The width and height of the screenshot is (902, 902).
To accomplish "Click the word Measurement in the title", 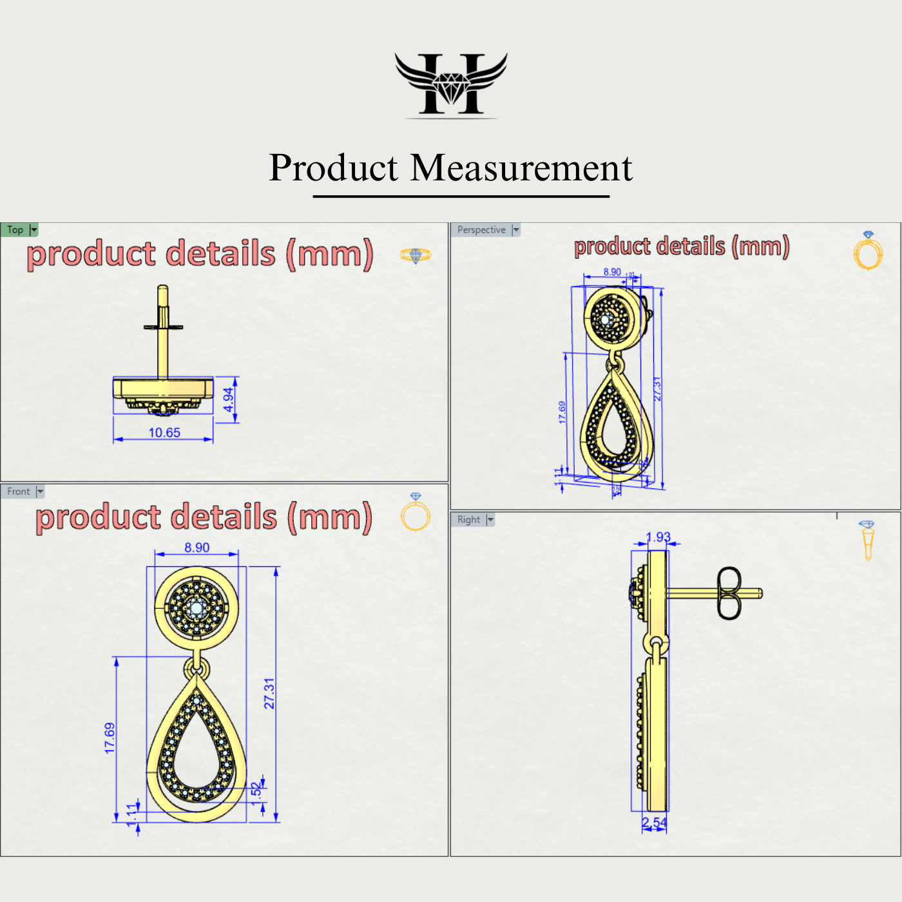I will (521, 168).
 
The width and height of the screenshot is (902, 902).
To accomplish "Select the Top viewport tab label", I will (15, 230).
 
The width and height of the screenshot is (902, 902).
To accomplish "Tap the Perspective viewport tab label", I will (481, 230).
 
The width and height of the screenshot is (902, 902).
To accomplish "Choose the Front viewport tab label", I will (19, 492).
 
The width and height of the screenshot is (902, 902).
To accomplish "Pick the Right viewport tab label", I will (468, 520).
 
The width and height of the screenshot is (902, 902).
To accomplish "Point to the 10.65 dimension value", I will (164, 433).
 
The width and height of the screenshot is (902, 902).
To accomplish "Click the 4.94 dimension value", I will (229, 400).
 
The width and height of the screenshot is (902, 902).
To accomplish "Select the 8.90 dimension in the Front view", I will (197, 548).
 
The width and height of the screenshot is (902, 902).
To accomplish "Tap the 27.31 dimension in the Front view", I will (269, 693).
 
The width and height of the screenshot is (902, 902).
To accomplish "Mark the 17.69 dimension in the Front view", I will (110, 738).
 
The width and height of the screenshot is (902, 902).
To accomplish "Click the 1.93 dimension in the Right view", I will (658, 537).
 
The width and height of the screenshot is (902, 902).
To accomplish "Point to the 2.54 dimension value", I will (654, 823).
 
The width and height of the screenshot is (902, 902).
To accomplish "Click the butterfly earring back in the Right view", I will (729, 593).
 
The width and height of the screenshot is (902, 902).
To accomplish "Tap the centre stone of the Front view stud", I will (197, 607).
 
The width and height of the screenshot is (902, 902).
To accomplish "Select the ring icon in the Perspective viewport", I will (868, 251).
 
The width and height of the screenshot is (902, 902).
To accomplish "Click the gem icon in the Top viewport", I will (415, 255).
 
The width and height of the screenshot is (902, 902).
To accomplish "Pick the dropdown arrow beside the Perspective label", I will (515, 230).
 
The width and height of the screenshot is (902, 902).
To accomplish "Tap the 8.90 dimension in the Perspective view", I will (612, 272).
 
